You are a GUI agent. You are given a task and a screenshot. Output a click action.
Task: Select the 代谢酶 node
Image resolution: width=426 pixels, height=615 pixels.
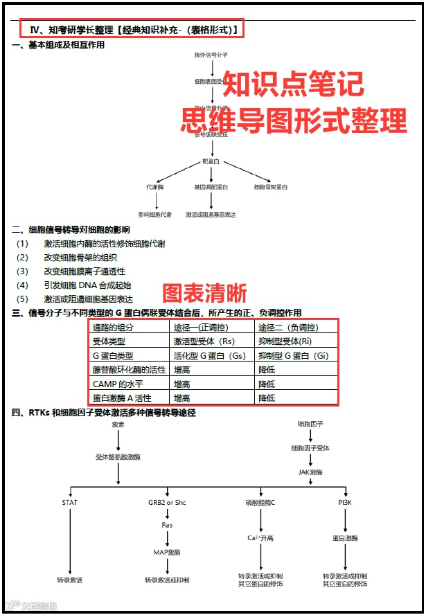tap(155, 187)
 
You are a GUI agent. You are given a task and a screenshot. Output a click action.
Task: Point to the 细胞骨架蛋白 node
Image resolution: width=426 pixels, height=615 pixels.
tap(271, 187)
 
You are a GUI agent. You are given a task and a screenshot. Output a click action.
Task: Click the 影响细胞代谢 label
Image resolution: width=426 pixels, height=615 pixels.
tap(155, 215)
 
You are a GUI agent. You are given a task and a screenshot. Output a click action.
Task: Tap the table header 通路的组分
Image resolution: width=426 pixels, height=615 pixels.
tap(113, 328)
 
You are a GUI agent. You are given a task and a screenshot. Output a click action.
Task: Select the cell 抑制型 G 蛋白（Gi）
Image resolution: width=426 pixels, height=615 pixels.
tap(293, 355)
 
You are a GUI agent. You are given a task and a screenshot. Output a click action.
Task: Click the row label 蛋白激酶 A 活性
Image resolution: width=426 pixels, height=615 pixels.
tap(122, 398)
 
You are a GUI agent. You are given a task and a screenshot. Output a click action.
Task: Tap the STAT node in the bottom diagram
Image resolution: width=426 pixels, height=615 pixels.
tap(70, 502)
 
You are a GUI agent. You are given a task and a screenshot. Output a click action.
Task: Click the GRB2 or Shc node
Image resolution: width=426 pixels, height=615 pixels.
tap(167, 502)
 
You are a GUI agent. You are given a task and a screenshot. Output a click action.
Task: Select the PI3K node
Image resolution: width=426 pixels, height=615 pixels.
tap(345, 502)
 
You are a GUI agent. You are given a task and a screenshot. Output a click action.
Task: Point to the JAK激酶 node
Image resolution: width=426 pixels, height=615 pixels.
tap(310, 472)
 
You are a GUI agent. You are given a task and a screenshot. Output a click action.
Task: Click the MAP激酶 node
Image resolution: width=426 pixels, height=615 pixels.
tap(167, 552)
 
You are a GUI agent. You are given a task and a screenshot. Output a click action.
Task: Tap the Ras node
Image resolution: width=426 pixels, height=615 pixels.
tap(167, 525)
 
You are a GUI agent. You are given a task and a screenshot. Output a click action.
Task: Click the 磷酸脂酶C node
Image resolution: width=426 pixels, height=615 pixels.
tap(260, 502)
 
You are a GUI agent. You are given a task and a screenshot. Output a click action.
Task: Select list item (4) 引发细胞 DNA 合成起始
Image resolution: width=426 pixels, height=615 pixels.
tap(87, 285)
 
